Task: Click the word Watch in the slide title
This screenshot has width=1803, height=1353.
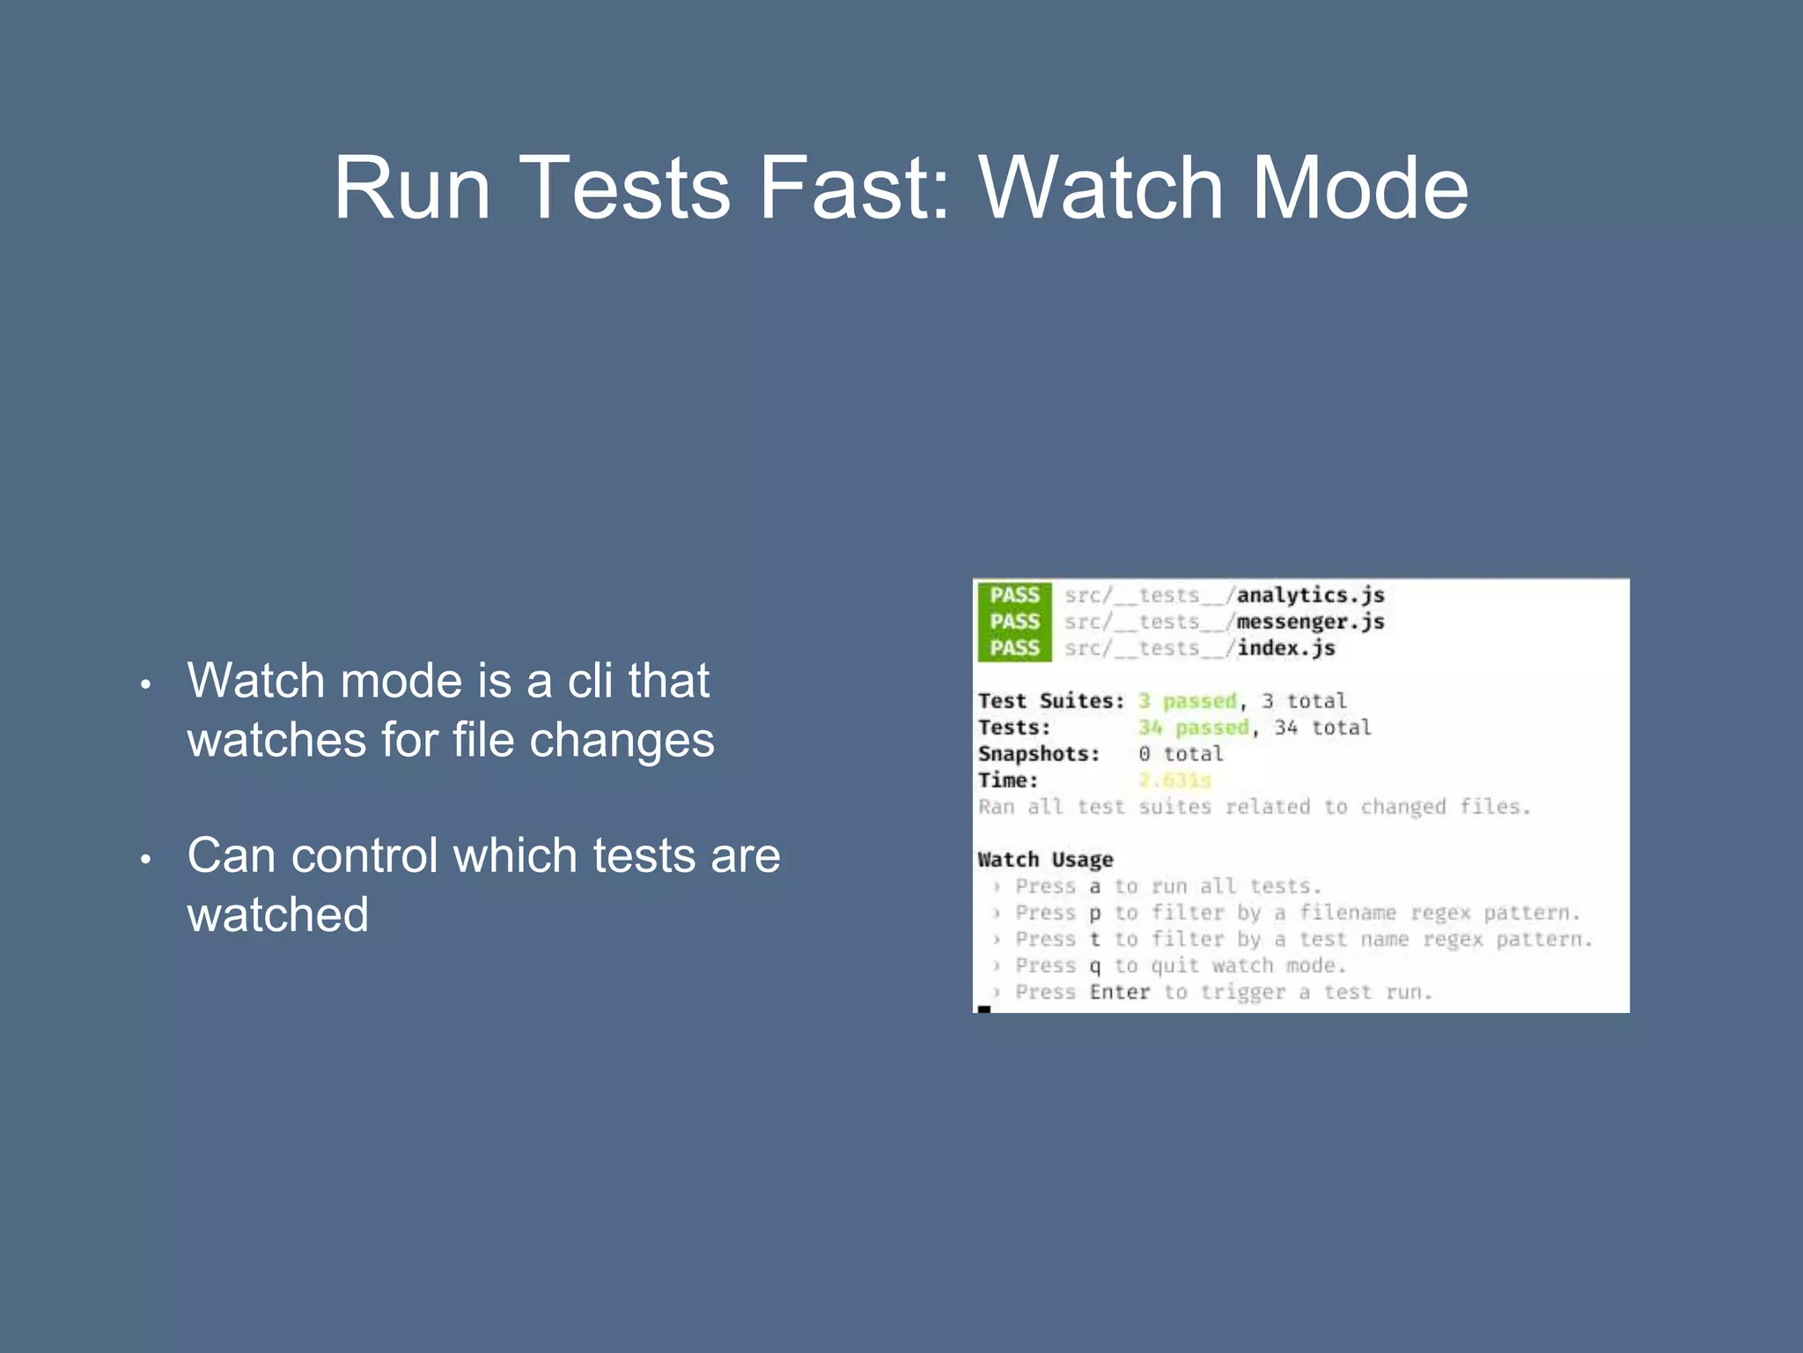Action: point(1100,188)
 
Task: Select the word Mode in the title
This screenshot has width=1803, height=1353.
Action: point(1359,188)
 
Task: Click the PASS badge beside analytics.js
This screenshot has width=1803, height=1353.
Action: point(1014,595)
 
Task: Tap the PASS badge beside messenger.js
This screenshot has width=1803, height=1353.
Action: point(1014,622)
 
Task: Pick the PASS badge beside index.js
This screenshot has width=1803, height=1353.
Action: point(1014,648)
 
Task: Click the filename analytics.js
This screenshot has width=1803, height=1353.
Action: point(1310,595)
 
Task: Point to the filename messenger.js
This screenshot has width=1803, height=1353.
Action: point(1310,622)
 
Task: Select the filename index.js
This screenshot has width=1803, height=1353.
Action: point(1286,648)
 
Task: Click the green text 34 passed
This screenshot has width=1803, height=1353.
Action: point(1193,728)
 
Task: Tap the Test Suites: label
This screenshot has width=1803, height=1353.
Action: point(1051,701)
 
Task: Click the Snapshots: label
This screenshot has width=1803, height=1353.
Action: point(1039,754)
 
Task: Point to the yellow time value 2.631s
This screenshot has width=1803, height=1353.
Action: point(1174,780)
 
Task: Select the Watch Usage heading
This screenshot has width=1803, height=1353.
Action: point(1045,860)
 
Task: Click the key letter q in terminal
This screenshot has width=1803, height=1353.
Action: point(1094,966)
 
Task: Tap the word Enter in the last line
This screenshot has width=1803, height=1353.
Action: point(1119,993)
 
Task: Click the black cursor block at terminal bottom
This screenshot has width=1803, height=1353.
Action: point(984,1009)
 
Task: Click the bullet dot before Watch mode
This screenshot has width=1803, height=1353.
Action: point(146,684)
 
